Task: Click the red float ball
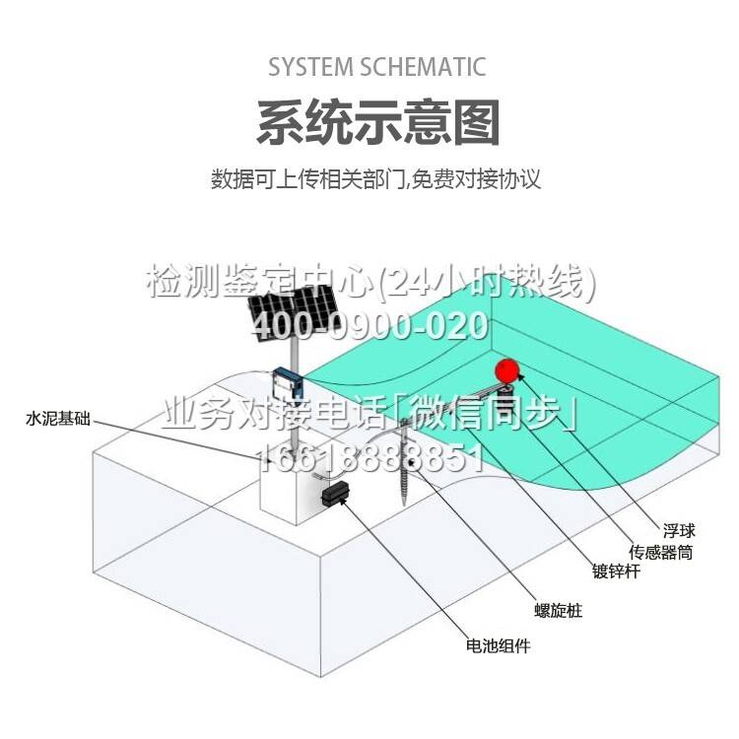click(506, 370)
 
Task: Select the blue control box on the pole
click(287, 383)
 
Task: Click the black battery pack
click(336, 494)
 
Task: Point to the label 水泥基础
click(58, 419)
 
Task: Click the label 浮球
click(679, 531)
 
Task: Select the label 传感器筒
click(661, 552)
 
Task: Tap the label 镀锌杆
click(616, 571)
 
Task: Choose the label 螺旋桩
click(559, 610)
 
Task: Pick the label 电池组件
click(498, 645)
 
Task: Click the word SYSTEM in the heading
click(310, 66)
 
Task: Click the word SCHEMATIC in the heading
click(424, 66)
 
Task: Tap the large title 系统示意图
click(378, 122)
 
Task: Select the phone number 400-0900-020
click(369, 326)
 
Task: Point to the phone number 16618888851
click(371, 458)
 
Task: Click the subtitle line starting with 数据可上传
click(375, 179)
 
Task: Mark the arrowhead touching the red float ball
click(521, 376)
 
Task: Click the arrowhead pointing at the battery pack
click(343, 501)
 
